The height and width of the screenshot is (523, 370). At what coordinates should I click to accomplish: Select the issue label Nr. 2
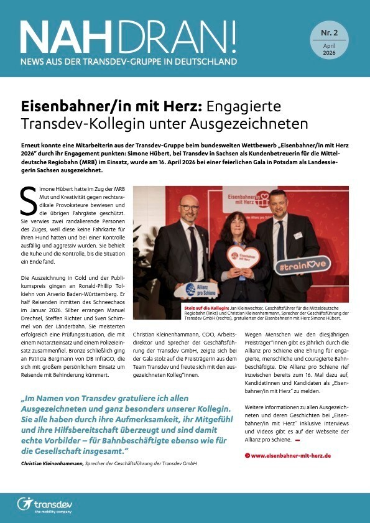coord(330,32)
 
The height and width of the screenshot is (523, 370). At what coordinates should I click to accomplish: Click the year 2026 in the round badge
coord(330,53)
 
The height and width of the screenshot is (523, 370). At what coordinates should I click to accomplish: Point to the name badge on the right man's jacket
coord(297,236)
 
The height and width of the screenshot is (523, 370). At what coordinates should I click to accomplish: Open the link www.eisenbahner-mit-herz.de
coord(291,455)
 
